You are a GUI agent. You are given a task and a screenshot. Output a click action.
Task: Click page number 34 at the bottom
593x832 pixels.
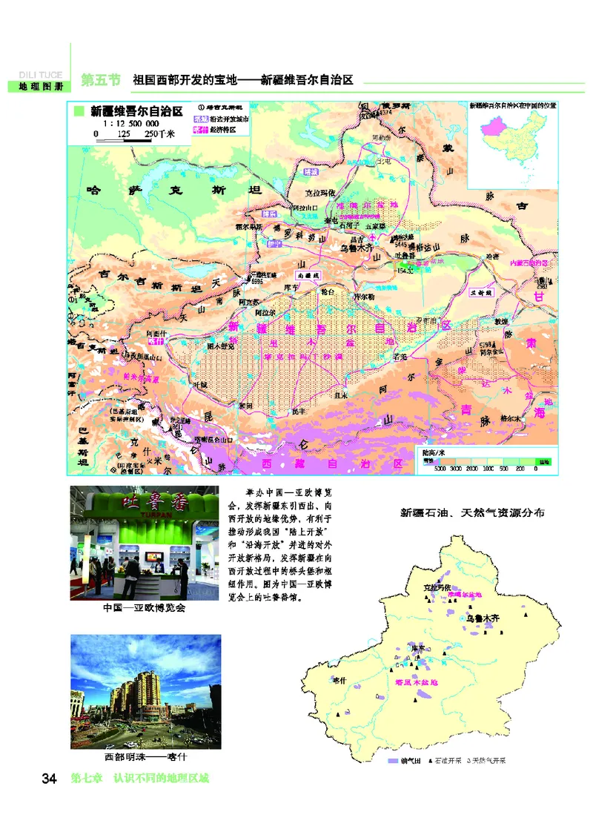click(50, 779)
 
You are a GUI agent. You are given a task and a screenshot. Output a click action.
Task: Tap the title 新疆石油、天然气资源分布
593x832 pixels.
click(472, 512)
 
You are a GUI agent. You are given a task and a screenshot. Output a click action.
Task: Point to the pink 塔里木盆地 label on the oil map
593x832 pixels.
click(416, 680)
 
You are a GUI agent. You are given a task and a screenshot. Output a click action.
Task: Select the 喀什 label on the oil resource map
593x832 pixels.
click(339, 680)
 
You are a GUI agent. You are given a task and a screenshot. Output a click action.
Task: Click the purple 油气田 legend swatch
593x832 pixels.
click(393, 761)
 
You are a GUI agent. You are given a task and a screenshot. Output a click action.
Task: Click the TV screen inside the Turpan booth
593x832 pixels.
click(161, 554)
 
